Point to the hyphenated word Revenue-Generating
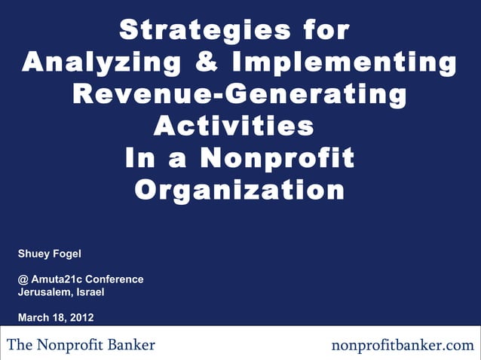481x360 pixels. [240, 95]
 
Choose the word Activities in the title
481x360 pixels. [234, 126]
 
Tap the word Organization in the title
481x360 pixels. [240, 190]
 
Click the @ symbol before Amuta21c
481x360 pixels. [23, 279]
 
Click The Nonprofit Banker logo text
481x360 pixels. [81, 345]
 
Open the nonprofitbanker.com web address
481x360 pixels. [403, 346]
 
